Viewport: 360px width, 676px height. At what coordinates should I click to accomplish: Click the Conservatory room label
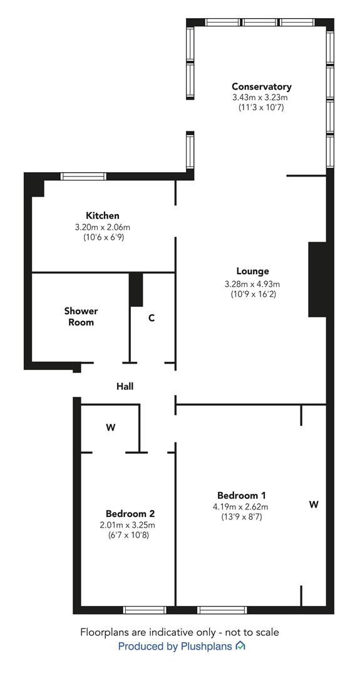[261, 86]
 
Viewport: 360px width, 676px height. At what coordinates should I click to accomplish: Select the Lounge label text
[252, 271]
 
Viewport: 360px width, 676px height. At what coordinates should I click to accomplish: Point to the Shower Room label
[81, 316]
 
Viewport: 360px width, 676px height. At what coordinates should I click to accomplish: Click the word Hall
[125, 386]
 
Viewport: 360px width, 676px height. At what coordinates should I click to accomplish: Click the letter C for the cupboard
[152, 318]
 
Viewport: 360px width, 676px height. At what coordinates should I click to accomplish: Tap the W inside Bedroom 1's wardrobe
[314, 504]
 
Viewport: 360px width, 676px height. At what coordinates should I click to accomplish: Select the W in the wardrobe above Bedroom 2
[111, 428]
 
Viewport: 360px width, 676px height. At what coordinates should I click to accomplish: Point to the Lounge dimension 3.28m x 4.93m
[252, 284]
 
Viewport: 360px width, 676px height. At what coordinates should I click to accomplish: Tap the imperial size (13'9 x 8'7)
[240, 516]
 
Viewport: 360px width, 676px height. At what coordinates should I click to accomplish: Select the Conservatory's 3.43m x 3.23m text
[261, 98]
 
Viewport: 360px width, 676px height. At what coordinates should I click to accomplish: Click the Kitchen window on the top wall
[83, 176]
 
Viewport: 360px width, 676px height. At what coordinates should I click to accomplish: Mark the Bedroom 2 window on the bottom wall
[145, 610]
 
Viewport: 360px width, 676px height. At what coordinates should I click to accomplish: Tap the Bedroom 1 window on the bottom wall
[222, 610]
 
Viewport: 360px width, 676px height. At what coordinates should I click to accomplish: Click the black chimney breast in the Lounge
[317, 279]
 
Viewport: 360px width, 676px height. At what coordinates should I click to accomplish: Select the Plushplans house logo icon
[240, 646]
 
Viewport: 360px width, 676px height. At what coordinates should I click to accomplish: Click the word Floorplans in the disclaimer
[102, 632]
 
